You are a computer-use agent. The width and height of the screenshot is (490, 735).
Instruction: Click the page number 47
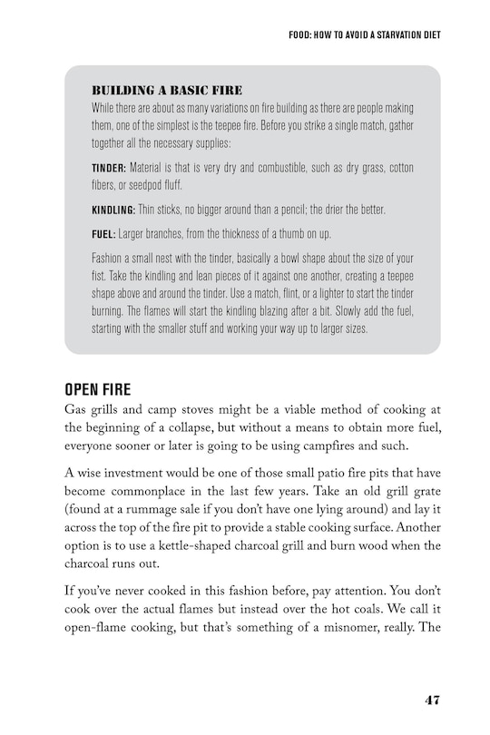coord(431,700)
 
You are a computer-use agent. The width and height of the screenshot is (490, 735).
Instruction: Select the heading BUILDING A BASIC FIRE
coord(166,90)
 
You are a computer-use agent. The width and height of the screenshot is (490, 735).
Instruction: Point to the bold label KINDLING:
coord(113,210)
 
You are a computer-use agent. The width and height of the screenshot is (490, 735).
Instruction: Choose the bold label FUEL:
coord(103,233)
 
